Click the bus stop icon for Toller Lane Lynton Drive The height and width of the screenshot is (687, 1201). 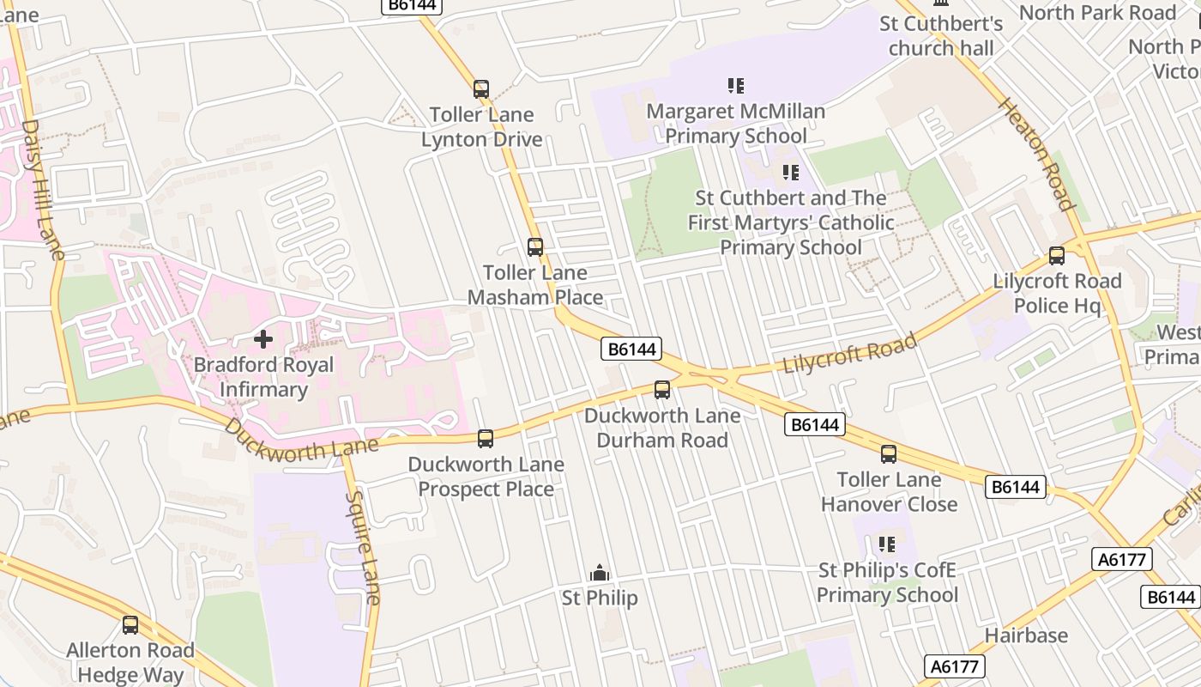tap(481, 89)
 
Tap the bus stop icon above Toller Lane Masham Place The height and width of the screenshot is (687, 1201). tap(535, 247)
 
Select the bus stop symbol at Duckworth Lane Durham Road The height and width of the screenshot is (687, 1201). tap(662, 390)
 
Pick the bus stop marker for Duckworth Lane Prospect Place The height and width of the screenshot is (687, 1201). tap(486, 439)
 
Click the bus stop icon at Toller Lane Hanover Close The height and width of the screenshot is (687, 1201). tap(889, 454)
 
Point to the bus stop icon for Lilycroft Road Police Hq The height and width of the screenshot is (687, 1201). tap(1057, 256)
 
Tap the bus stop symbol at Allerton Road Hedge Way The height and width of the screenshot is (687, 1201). tap(130, 625)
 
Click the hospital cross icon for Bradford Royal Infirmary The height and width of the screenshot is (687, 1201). tap(263, 339)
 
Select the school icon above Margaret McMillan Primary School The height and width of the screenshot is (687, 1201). tap(736, 86)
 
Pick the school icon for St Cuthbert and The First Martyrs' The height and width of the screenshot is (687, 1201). tap(790, 173)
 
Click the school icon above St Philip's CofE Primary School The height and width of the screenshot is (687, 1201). tap(887, 544)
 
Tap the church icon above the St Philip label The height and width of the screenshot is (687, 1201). tap(600, 573)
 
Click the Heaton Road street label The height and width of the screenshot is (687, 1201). tap(1035, 154)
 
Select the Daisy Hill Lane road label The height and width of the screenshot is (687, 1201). tap(41, 189)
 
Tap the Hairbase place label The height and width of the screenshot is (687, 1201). tap(1026, 635)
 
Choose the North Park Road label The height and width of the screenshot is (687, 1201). tap(1097, 13)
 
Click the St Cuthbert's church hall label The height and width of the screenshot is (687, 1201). tap(941, 36)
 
